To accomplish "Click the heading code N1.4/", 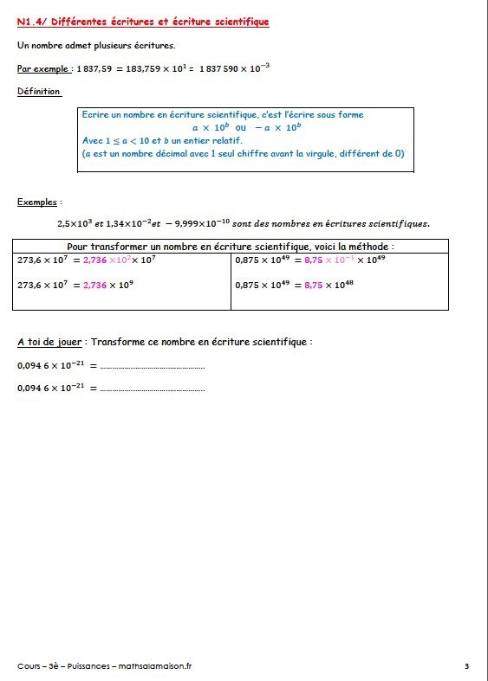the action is coord(33,21).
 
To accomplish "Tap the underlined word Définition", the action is coord(38,91).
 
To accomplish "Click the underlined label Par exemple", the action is coord(42,68).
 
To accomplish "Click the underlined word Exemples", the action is coord(38,202).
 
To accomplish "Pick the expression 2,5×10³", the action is coord(75,223).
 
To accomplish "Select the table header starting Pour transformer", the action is coord(231,246).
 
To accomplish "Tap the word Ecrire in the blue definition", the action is coord(94,115).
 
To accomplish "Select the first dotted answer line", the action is coord(153,366).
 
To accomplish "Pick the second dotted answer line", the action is coord(153,389).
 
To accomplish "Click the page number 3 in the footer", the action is coord(466,665).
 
